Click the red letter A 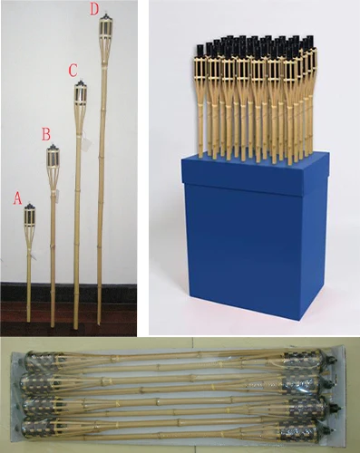(x=17, y=198)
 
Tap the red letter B (x=46, y=134)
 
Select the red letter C (x=73, y=71)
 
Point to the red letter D (x=94, y=10)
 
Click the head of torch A (x=29, y=218)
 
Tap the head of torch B (x=54, y=160)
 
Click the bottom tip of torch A (x=29, y=321)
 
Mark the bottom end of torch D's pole (x=99, y=323)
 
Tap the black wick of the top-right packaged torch (x=334, y=360)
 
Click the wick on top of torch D (x=105, y=15)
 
